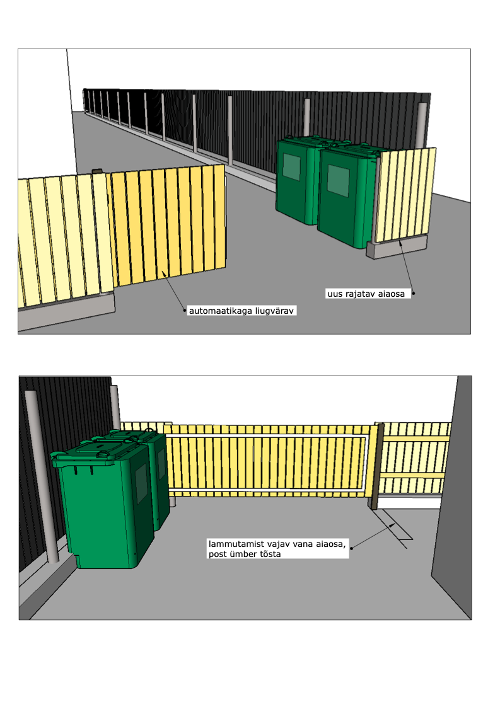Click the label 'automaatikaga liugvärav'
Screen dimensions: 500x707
click(241, 311)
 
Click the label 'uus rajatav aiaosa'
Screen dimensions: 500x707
click(366, 294)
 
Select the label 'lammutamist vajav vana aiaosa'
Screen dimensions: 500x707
click(277, 544)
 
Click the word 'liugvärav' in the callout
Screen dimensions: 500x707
click(274, 311)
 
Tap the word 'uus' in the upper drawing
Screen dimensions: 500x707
click(335, 294)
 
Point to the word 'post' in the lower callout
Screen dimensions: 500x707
click(217, 554)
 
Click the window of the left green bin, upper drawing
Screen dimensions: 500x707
click(291, 167)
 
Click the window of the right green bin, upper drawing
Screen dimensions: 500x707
click(339, 180)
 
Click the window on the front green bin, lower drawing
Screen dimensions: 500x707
click(141, 484)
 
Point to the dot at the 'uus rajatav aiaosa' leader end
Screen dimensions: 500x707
click(414, 293)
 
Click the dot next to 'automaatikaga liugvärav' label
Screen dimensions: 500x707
click(185, 310)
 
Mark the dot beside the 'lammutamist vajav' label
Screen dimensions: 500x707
click(352, 548)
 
